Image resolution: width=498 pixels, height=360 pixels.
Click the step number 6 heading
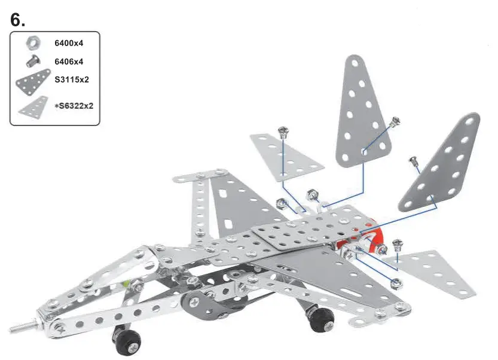click(18, 19)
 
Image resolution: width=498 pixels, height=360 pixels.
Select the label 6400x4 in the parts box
click(68, 43)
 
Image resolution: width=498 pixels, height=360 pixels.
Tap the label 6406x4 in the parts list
click(68, 61)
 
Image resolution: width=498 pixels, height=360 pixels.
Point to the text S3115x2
click(72, 79)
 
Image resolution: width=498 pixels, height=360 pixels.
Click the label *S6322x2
click(74, 106)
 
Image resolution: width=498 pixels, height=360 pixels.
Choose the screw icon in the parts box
click(32, 60)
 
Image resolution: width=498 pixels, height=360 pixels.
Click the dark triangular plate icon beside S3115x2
click(33, 81)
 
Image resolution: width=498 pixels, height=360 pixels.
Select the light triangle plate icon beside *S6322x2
click(33, 106)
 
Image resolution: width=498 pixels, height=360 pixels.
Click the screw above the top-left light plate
click(284, 132)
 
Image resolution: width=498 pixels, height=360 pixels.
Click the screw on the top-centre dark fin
click(395, 121)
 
